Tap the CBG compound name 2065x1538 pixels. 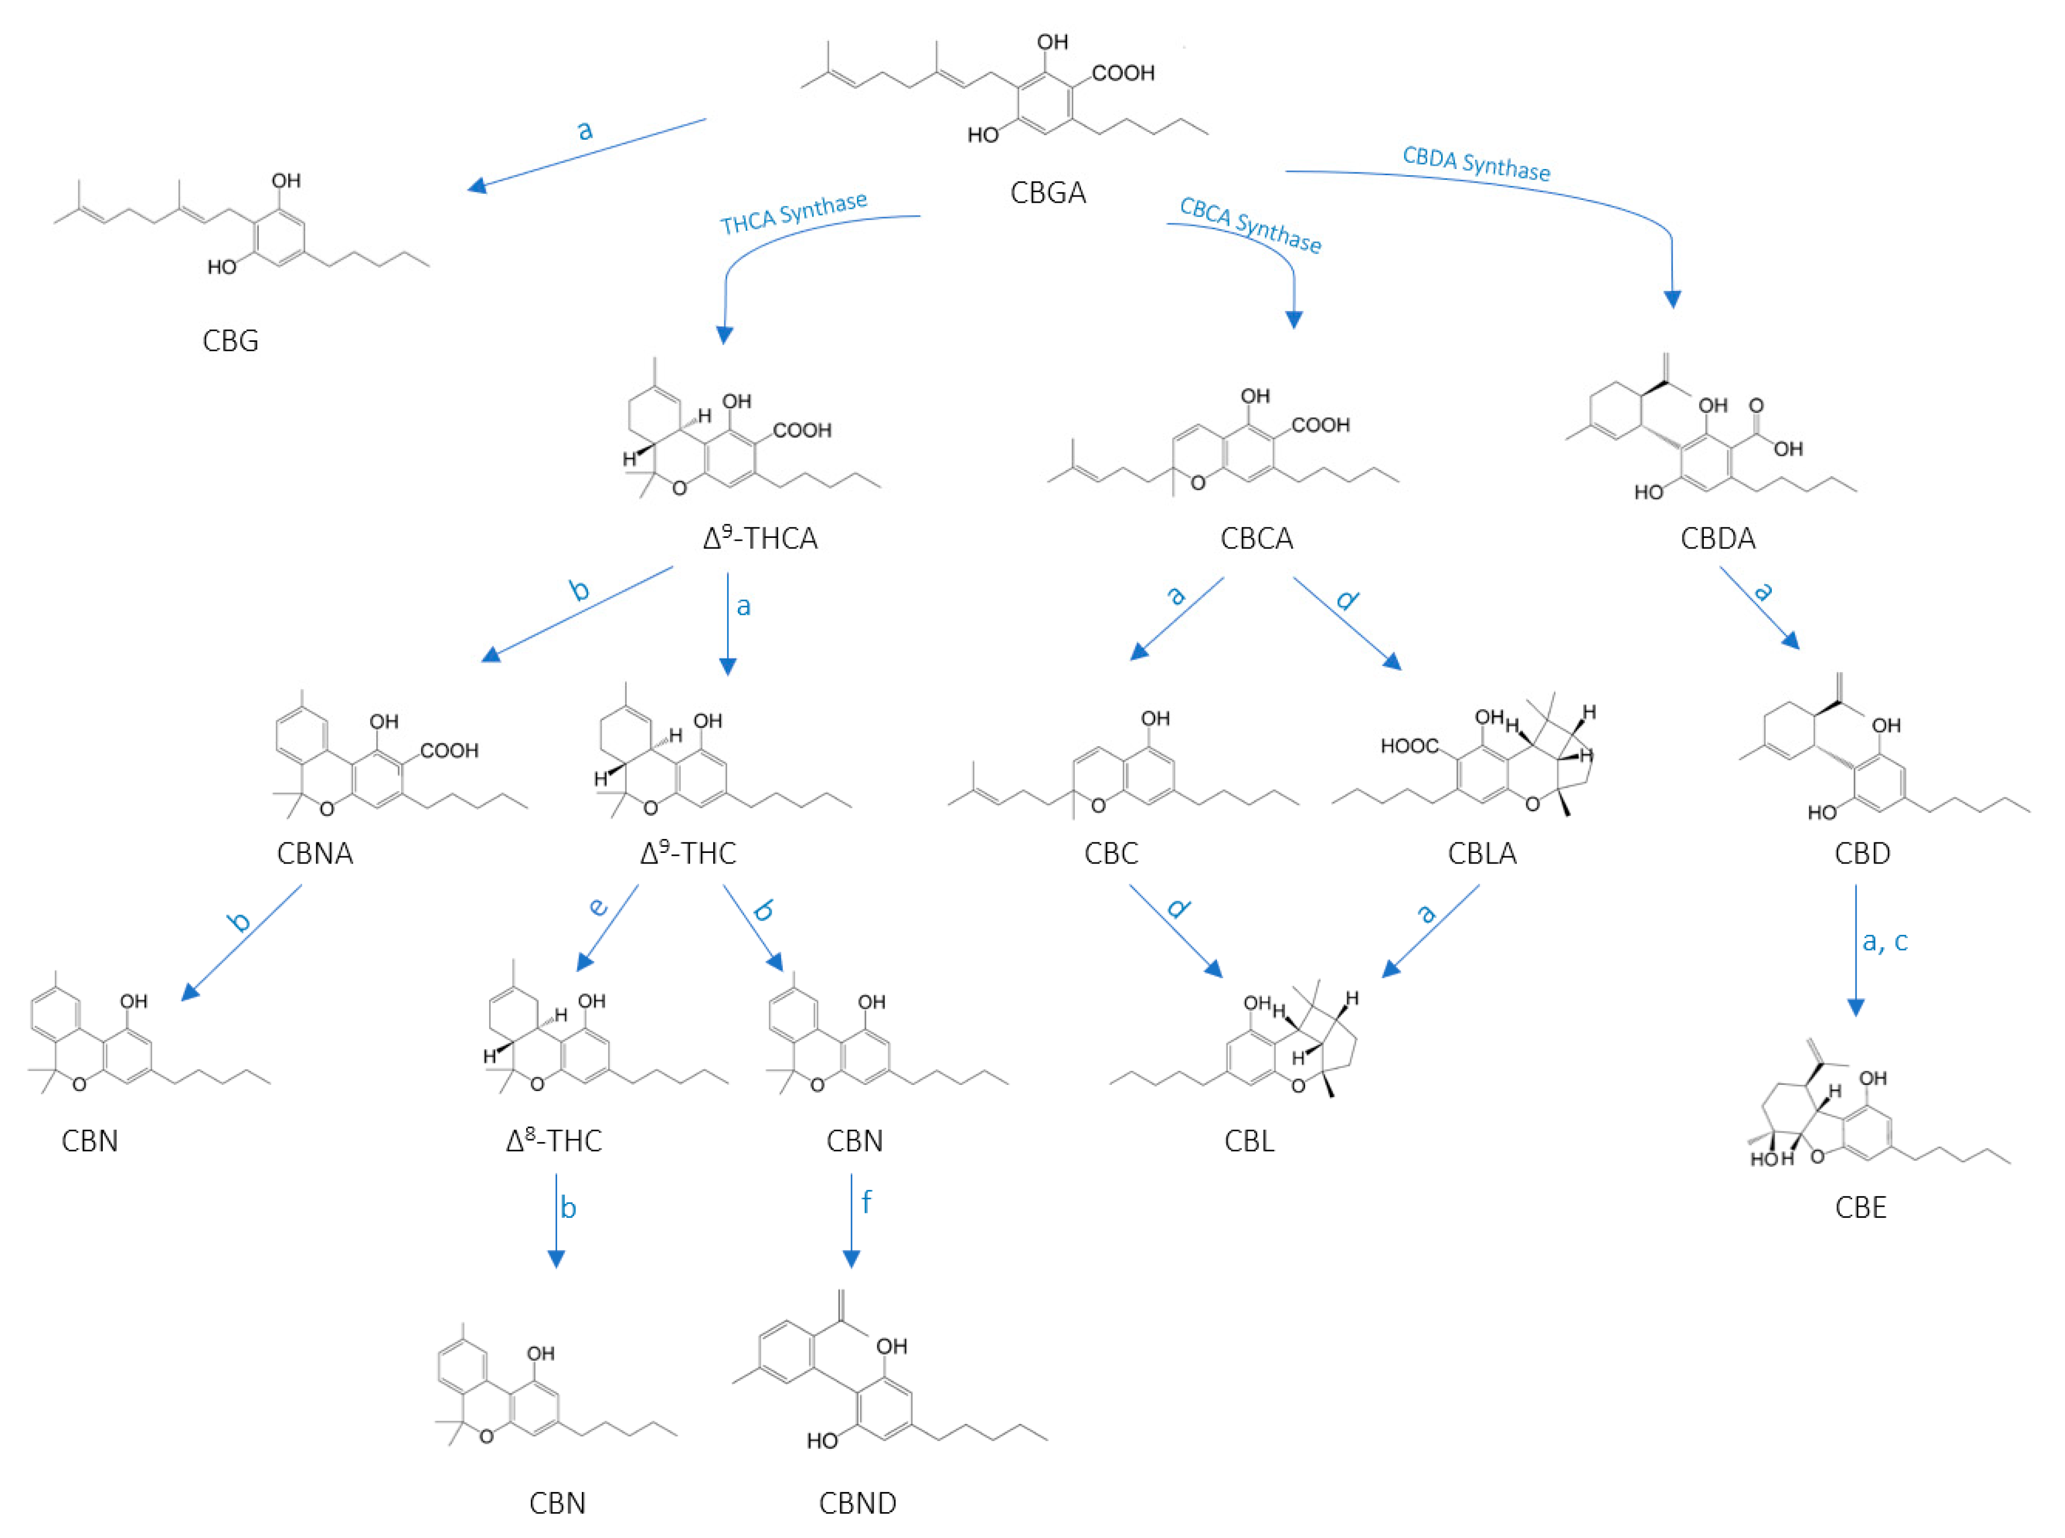[x=230, y=341]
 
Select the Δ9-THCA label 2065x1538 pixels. [x=760, y=538]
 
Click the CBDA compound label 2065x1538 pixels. [x=1718, y=538]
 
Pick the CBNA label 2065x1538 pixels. [x=314, y=853]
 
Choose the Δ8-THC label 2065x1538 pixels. [x=554, y=1140]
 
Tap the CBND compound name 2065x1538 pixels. [x=858, y=1503]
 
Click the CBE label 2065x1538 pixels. [x=1860, y=1207]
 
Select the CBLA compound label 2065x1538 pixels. [x=1482, y=853]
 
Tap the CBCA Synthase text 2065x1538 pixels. [x=1250, y=225]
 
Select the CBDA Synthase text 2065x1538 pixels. [x=1476, y=164]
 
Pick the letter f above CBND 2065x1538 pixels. [x=866, y=1202]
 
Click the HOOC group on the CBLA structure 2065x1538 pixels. [x=1408, y=746]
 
